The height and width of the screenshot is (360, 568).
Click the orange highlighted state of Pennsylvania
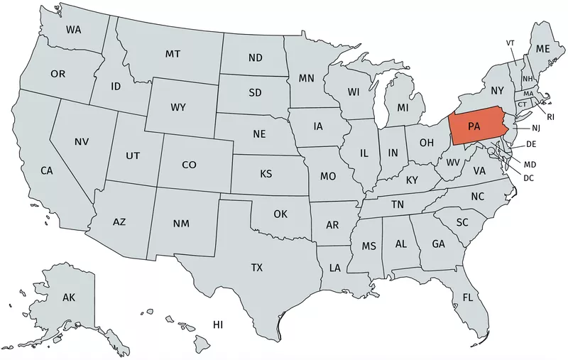coord(474,126)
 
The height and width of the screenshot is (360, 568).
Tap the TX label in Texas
coord(256,268)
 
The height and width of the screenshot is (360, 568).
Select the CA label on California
coord(47,170)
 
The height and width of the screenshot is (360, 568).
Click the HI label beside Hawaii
coord(218,324)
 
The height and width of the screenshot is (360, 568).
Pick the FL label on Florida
coord(468,297)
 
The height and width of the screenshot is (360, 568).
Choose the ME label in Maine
coord(543,48)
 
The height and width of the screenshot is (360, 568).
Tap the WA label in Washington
coord(73,30)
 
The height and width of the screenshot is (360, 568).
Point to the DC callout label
coord(528,178)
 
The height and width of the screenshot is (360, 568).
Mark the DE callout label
coord(530,144)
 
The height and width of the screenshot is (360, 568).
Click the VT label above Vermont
coord(510,43)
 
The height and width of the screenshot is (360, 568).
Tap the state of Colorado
coord(188,165)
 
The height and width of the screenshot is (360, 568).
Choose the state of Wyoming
coord(177,108)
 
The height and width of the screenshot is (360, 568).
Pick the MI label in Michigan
coord(403,108)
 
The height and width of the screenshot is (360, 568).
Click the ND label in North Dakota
coord(256,58)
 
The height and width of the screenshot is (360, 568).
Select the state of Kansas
coord(266,174)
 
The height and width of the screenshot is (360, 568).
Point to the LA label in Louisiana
coord(334,268)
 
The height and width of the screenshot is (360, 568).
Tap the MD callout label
coord(529,165)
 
